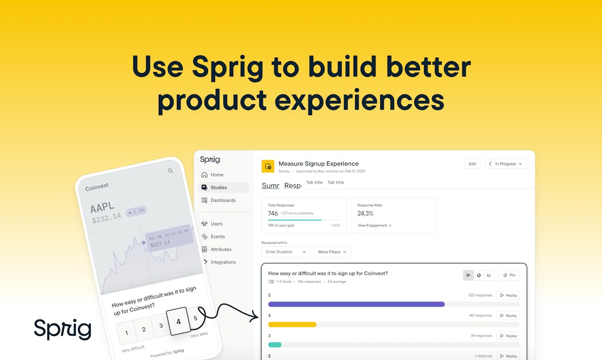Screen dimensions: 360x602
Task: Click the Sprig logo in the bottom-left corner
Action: coord(62,329)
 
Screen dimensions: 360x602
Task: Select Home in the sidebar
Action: coord(217,175)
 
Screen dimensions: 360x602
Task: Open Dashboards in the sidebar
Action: coord(223,200)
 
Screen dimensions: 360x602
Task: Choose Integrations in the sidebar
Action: coord(223,262)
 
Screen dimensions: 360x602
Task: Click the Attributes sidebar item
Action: coord(220,249)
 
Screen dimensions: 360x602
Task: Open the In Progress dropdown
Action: coord(505,164)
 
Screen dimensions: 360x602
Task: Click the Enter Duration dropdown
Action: coord(285,252)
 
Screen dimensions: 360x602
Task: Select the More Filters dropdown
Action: coord(332,252)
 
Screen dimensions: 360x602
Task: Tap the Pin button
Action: coord(509,275)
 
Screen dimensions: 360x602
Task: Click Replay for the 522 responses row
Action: coord(508,295)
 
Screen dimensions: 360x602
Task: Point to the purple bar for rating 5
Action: coord(356,304)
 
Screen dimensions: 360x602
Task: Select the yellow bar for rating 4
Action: coord(292,325)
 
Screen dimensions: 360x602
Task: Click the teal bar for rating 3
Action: coord(275,345)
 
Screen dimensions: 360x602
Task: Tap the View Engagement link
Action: coord(374,225)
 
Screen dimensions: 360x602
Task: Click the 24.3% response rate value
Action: coord(366,213)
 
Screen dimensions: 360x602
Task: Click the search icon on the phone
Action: coord(170,171)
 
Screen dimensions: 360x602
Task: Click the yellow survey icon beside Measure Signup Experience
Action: coord(267,166)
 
